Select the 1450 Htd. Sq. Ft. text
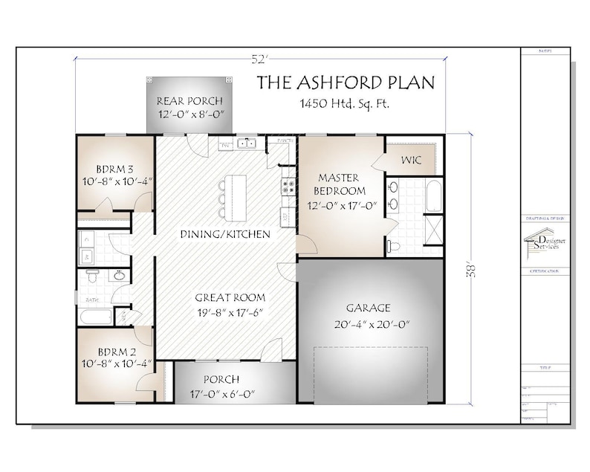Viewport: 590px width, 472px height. (x=346, y=104)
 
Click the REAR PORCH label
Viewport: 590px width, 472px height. (x=189, y=100)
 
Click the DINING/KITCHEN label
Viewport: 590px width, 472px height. (x=224, y=235)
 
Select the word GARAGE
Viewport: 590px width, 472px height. (x=368, y=308)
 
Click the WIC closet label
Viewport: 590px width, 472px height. (x=412, y=161)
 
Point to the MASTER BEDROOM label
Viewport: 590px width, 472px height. (x=338, y=184)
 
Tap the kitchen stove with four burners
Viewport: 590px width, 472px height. (x=287, y=187)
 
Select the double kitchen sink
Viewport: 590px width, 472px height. (x=246, y=144)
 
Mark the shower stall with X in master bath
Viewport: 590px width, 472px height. (x=433, y=227)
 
